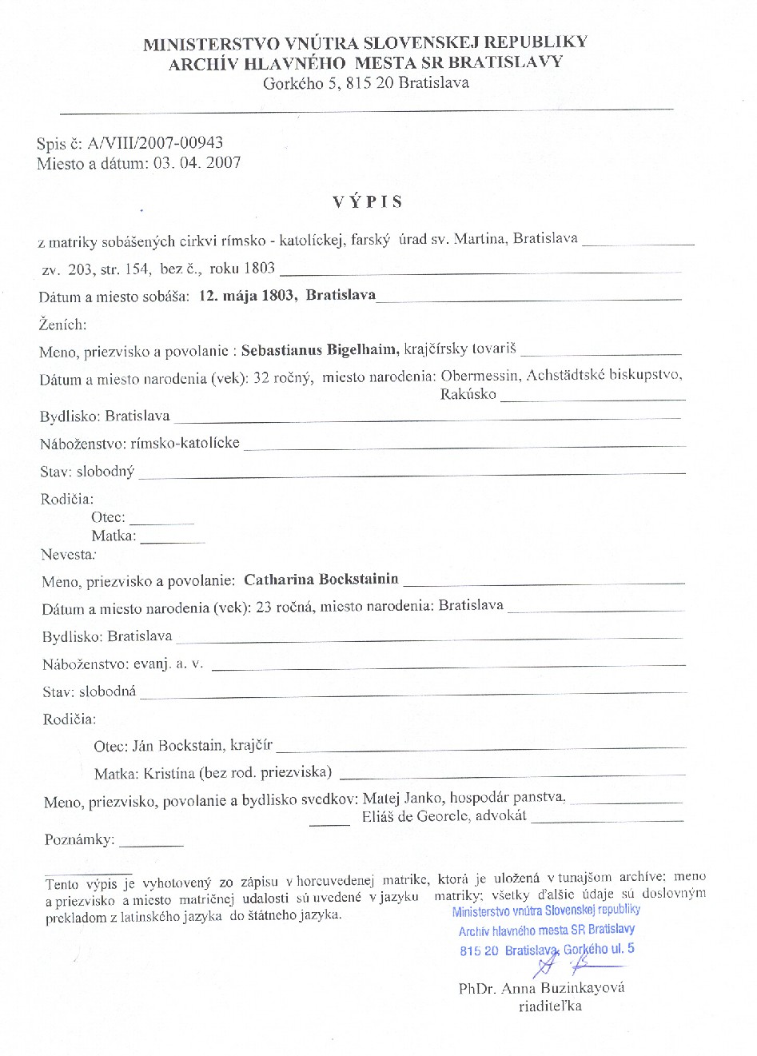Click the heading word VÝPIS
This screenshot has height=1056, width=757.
(x=368, y=201)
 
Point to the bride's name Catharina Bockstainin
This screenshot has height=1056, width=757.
(x=321, y=580)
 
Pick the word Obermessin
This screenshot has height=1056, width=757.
(x=476, y=376)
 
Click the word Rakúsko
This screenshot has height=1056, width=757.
(x=468, y=394)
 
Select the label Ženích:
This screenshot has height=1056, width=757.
(x=62, y=325)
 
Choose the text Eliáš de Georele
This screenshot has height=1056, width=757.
(x=418, y=816)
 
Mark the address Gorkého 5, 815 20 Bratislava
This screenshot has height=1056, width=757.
(x=366, y=83)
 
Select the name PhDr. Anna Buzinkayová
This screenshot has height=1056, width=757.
(x=541, y=988)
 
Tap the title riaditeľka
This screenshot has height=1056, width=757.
(x=550, y=1006)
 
